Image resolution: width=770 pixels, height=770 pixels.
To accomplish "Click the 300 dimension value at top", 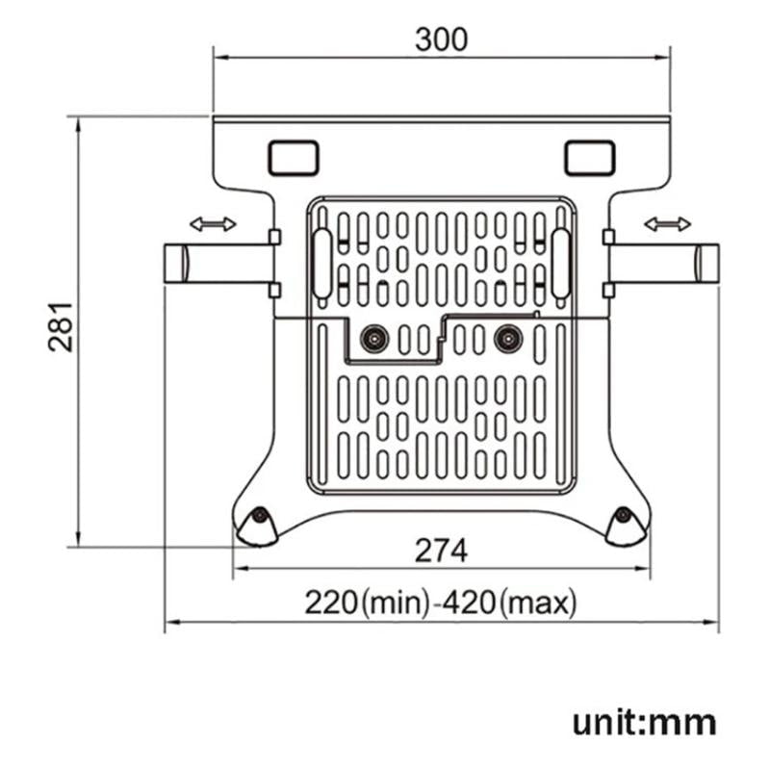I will [441, 39].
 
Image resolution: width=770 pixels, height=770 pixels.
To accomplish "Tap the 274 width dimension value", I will [441, 552].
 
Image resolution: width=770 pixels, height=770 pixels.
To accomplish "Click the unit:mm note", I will [645, 722].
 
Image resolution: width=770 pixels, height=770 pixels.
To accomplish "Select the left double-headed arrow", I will [213, 224].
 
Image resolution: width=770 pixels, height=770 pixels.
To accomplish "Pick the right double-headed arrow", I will [667, 224].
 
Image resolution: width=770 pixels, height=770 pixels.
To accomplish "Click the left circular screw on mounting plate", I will [373, 338].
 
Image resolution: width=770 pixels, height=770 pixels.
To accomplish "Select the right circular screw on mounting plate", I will [507, 338].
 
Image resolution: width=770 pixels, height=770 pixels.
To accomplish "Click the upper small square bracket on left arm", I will [274, 237].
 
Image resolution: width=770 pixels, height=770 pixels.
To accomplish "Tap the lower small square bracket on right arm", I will [608, 289].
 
